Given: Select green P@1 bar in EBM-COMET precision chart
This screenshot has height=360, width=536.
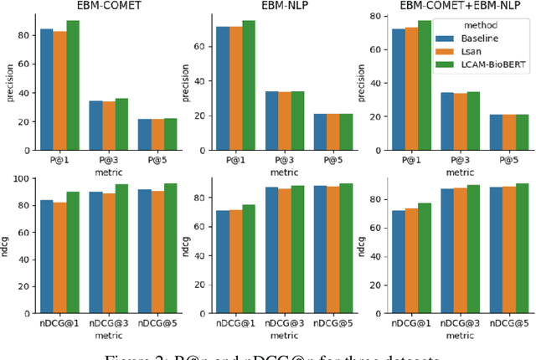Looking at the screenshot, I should tap(73, 83).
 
